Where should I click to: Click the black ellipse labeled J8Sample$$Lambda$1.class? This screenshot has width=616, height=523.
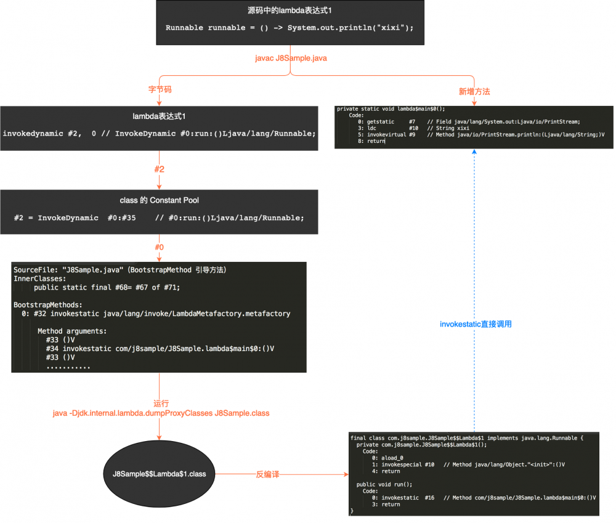pyautogui.click(x=159, y=474)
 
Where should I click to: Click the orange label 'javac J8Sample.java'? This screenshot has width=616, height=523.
pyautogui.click(x=291, y=58)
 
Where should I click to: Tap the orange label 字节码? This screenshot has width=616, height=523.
pyautogui.click(x=160, y=90)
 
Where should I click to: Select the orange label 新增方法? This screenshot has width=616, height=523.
pyautogui.click(x=474, y=91)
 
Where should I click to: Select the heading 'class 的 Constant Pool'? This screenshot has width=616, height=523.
pyautogui.click(x=159, y=200)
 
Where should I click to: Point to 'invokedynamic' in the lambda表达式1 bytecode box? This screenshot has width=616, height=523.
pyautogui.click(x=31, y=133)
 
